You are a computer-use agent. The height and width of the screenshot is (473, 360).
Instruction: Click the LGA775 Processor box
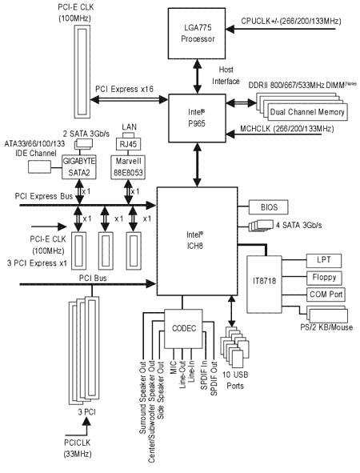(x=197, y=33)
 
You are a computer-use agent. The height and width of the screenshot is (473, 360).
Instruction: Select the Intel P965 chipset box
(x=197, y=118)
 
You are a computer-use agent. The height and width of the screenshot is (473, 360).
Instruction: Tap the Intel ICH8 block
(x=197, y=241)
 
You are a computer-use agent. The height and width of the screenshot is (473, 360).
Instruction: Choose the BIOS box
(x=269, y=207)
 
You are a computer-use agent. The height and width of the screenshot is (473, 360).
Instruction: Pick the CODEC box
(x=184, y=328)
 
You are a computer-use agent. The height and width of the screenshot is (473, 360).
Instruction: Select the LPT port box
(x=324, y=260)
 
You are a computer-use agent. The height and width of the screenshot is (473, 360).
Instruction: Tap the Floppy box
(x=324, y=278)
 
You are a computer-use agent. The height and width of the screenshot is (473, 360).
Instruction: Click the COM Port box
(x=326, y=295)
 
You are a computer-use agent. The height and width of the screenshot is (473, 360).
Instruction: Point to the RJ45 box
(x=129, y=144)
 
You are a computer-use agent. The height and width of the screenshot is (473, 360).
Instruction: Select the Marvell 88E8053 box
(x=128, y=167)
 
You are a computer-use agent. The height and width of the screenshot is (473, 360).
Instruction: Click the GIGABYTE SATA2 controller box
(x=79, y=167)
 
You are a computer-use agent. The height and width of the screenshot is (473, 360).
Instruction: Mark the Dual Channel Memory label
(x=307, y=112)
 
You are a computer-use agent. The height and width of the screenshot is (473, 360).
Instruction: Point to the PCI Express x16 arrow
(x=129, y=99)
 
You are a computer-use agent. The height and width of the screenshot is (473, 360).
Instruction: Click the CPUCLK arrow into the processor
(x=281, y=29)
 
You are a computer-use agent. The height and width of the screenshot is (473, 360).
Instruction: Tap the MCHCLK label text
(x=286, y=129)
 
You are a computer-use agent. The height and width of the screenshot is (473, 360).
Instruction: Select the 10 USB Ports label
(x=235, y=380)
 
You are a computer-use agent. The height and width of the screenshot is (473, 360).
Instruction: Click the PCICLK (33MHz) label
(x=77, y=448)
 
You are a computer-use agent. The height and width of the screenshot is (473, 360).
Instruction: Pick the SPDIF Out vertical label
(x=214, y=379)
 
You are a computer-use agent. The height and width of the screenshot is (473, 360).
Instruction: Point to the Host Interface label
(x=226, y=75)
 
